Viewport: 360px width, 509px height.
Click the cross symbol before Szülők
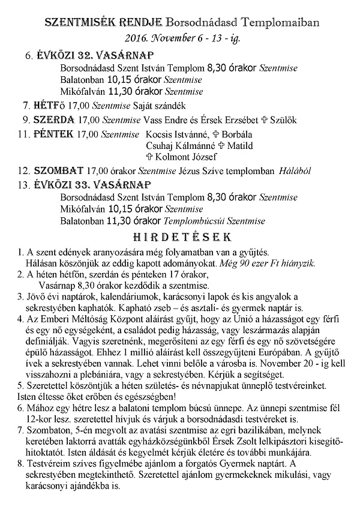click(x=257, y=119)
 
